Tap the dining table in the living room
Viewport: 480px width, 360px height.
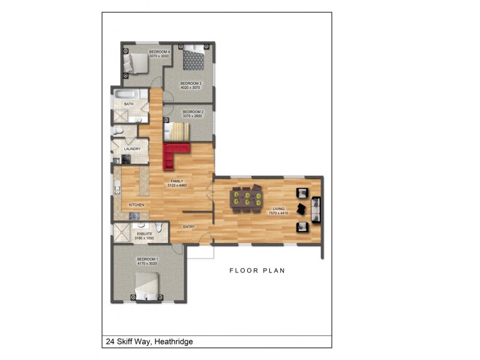click(247, 199)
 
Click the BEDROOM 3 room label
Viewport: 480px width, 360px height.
click(191, 83)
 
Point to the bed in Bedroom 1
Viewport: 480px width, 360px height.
click(148, 286)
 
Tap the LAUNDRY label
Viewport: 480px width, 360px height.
click(132, 149)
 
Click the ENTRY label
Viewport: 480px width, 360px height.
click(190, 227)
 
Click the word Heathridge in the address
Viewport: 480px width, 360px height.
click(173, 342)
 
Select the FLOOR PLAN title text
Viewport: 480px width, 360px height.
click(257, 271)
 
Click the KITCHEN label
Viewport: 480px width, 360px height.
click(136, 205)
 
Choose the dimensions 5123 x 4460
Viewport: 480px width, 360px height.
click(178, 185)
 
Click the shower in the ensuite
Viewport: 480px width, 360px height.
click(123, 232)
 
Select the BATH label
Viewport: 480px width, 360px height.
click(128, 104)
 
